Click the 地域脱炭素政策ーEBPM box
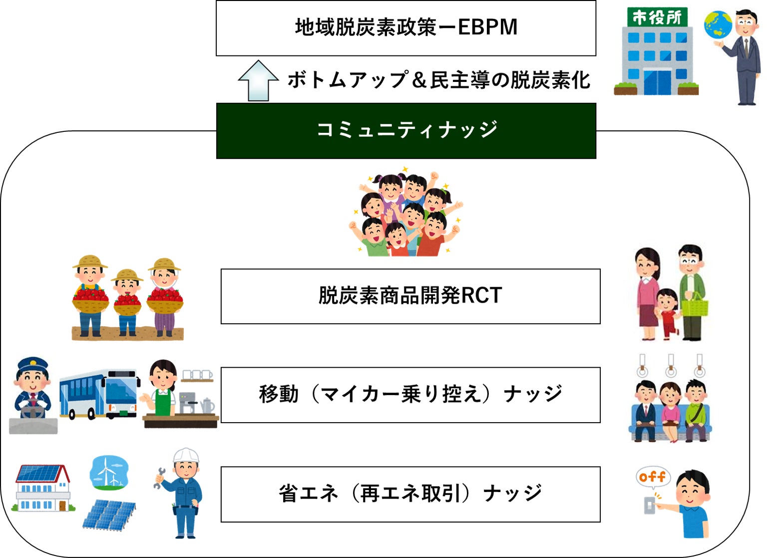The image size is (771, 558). (x=405, y=28)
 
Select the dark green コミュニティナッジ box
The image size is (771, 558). (x=405, y=131)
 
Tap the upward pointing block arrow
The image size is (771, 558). (x=258, y=81)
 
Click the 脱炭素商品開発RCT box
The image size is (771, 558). (x=410, y=296)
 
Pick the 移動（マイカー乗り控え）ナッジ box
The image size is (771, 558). (x=410, y=395)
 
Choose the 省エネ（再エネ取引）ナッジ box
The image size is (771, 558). (x=410, y=494)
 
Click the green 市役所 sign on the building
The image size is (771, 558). (x=657, y=18)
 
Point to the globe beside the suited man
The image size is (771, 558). (x=718, y=25)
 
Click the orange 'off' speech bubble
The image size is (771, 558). (x=652, y=477)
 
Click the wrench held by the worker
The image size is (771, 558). (x=159, y=478)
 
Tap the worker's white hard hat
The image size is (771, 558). (x=185, y=456)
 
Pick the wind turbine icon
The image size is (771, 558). (x=108, y=472)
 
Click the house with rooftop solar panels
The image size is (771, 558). (x=42, y=487)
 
